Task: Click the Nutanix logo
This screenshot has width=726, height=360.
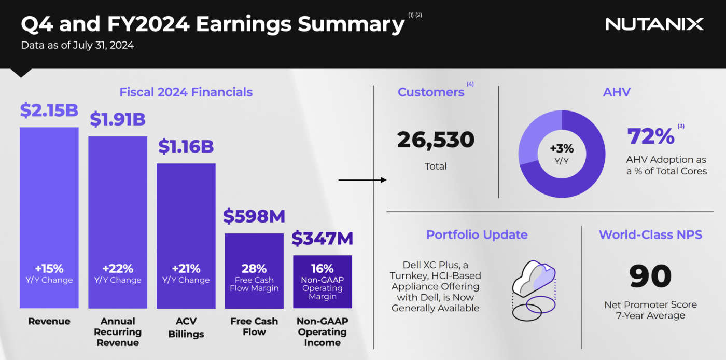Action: click(x=654, y=24)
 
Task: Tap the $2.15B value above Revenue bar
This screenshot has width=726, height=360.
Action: click(x=49, y=110)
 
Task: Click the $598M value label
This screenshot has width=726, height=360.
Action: click(x=254, y=216)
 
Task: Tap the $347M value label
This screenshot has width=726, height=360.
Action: click(x=323, y=239)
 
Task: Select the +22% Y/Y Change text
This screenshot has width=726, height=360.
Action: click(x=118, y=273)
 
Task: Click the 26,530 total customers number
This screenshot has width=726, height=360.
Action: click(x=436, y=140)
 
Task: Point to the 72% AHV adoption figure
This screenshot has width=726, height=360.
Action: click(x=651, y=136)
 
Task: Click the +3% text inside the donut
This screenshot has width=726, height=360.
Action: click(x=562, y=148)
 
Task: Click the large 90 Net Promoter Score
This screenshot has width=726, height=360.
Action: click(x=650, y=276)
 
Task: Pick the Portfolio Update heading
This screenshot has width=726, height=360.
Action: click(x=477, y=234)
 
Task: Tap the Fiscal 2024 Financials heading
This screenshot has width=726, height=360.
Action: click(x=186, y=92)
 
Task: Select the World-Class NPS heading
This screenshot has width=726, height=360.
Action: click(x=650, y=234)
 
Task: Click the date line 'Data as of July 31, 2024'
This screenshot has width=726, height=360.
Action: click(x=77, y=45)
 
